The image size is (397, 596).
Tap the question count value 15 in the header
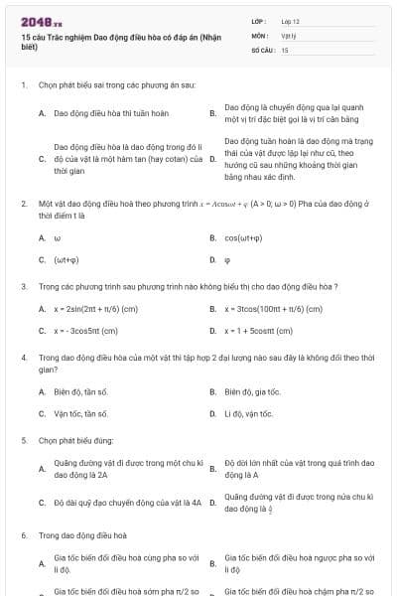click(x=285, y=49)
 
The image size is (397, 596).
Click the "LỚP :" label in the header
click(x=260, y=21)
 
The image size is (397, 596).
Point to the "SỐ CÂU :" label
click(x=263, y=49)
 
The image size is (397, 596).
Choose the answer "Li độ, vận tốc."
click(x=248, y=413)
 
